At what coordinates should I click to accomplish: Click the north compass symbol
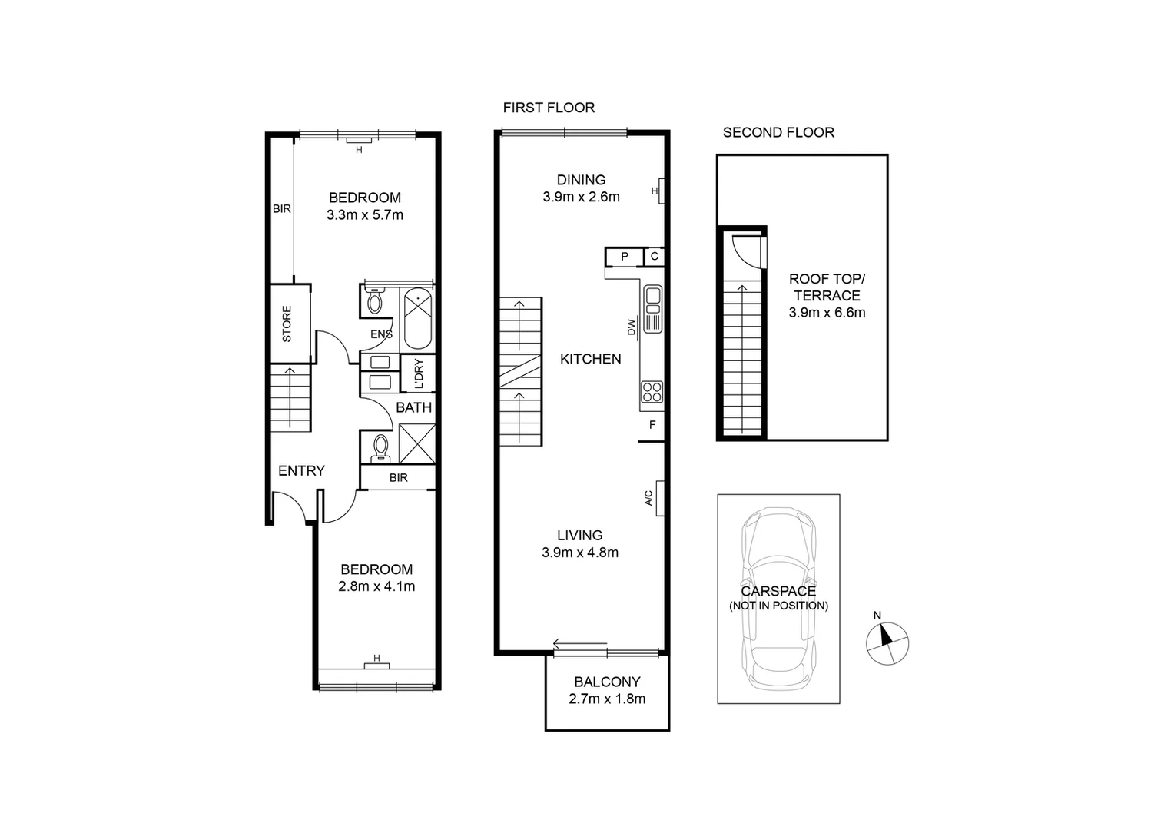887,642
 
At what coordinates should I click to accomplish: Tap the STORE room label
287,324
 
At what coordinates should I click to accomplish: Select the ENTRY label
301,470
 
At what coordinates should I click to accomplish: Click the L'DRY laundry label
419,373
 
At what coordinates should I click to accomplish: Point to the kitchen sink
653,308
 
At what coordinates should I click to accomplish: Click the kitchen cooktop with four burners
652,392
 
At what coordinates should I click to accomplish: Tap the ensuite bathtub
417,318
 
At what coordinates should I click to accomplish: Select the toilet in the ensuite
374,300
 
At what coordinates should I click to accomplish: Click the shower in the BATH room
416,443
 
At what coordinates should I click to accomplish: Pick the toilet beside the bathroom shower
380,447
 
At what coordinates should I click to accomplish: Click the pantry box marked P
625,257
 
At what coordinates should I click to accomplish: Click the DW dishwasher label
632,327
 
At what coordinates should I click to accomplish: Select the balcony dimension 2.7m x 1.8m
607,699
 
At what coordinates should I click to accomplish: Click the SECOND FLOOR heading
778,132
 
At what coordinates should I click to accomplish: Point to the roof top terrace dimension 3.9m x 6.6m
827,313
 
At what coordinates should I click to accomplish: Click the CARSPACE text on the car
778,591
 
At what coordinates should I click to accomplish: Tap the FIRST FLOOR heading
549,108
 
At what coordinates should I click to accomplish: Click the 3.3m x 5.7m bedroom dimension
365,215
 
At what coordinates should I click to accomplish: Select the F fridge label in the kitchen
652,425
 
